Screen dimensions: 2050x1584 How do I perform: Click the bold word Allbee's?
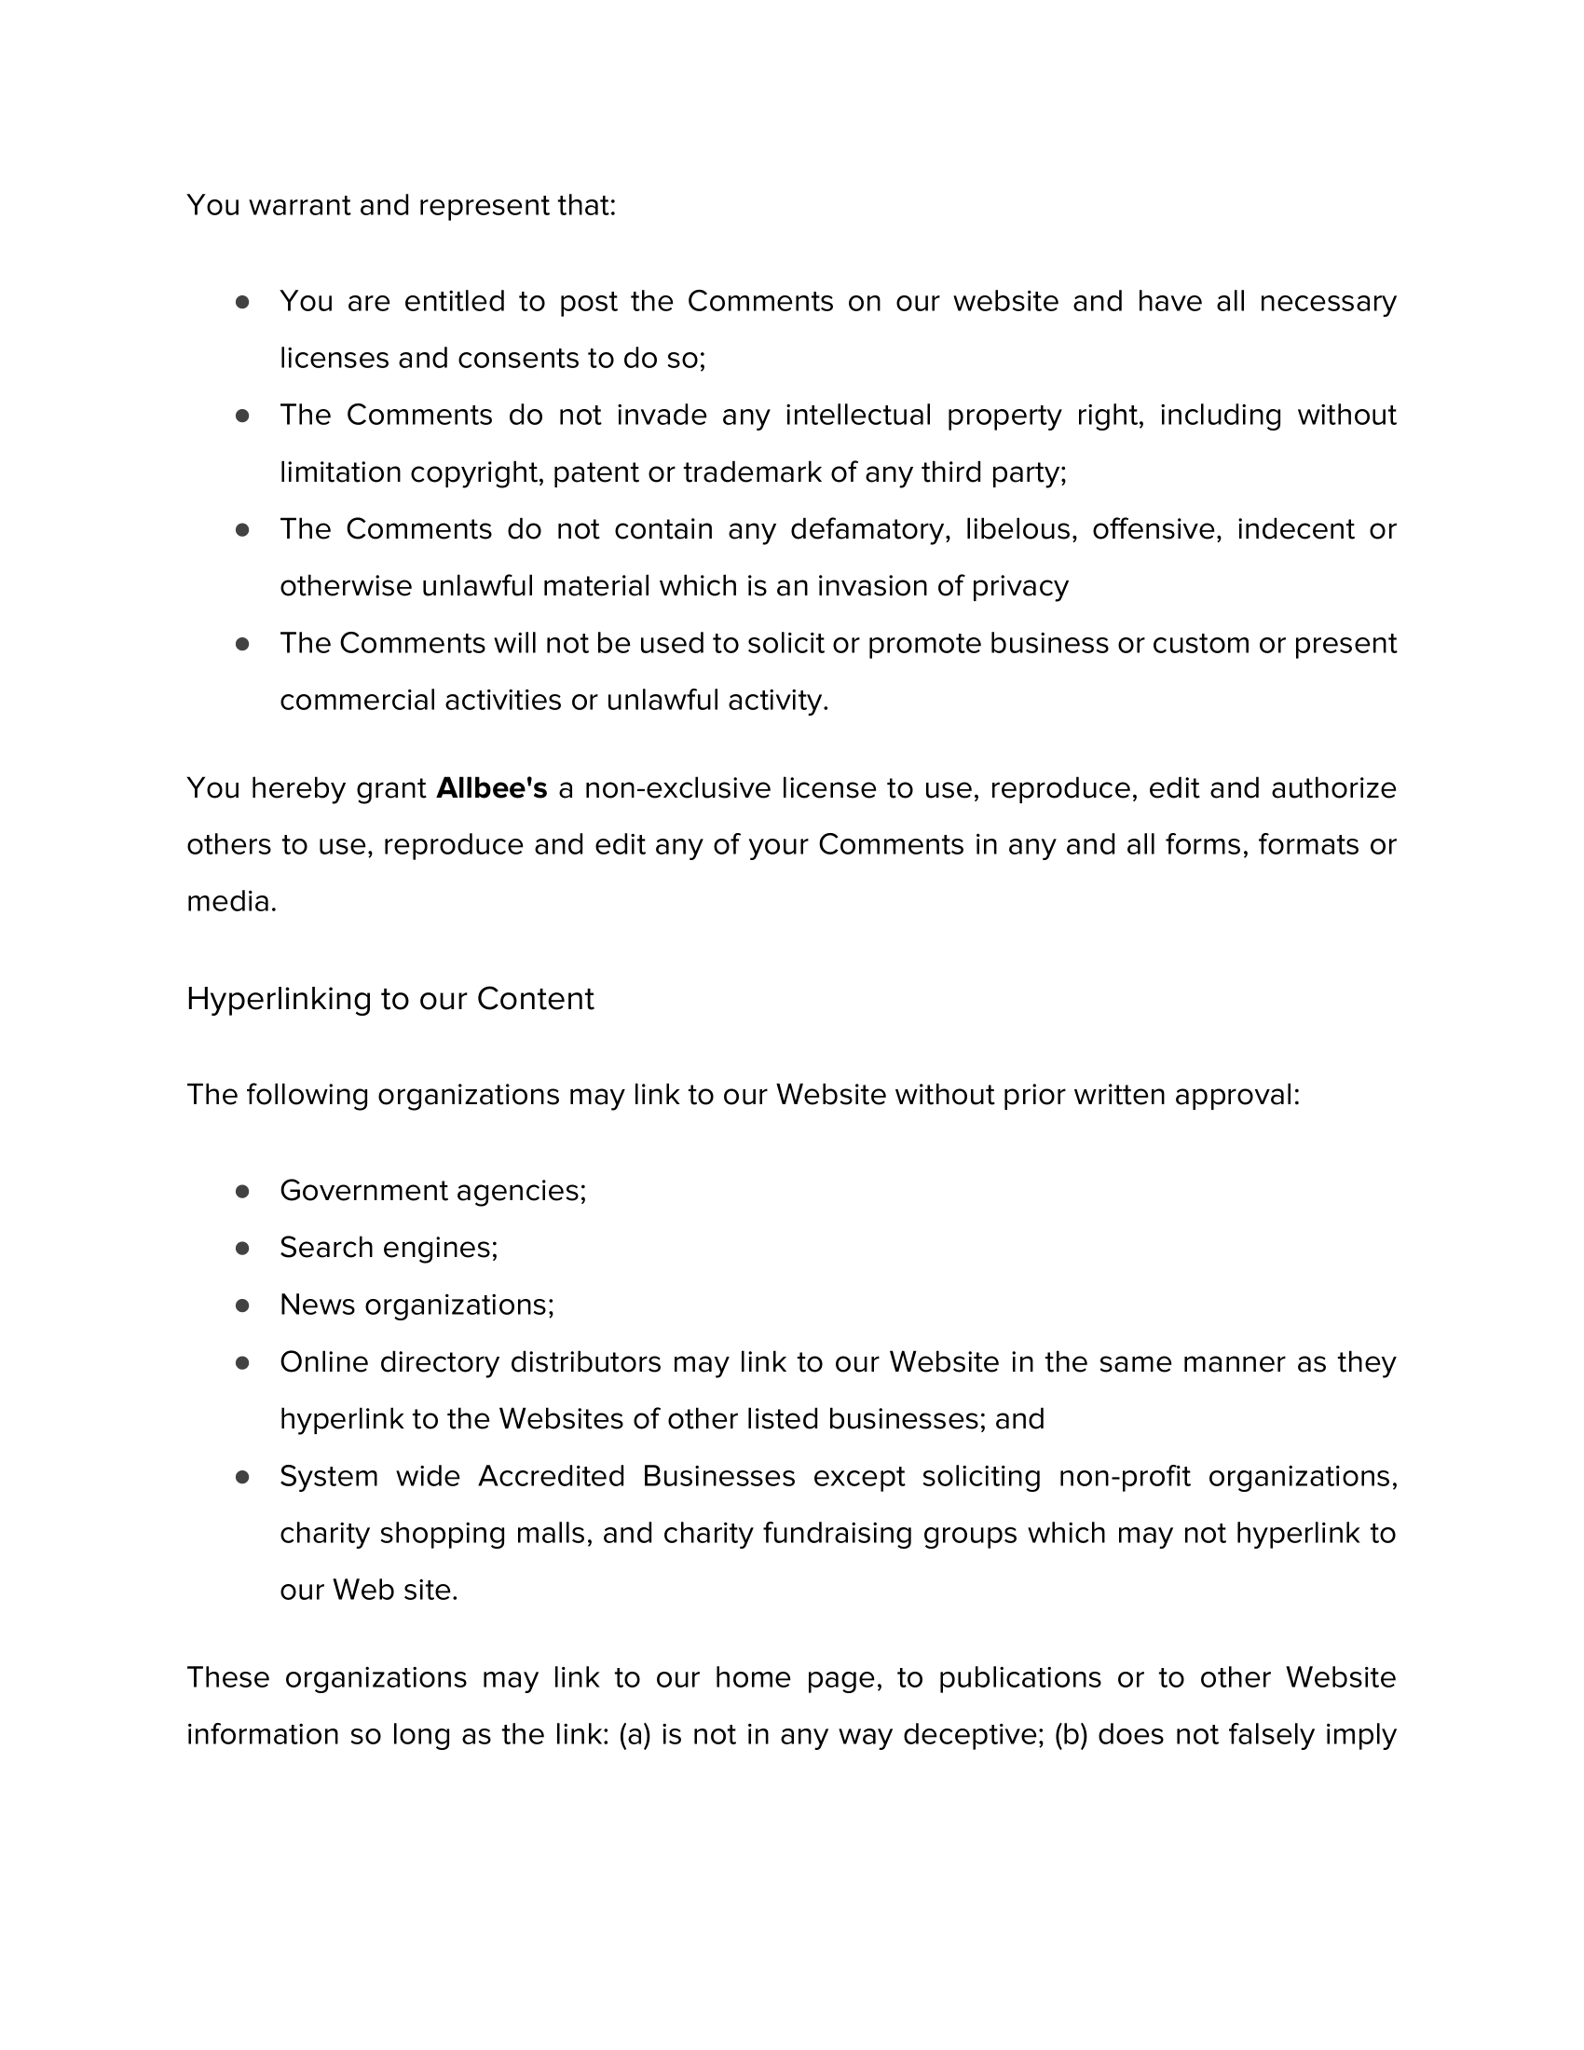(491, 787)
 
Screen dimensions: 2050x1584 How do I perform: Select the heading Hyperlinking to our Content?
(389, 999)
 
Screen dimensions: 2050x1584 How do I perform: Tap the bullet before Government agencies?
(242, 1191)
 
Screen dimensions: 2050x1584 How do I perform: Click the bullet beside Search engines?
(242, 1249)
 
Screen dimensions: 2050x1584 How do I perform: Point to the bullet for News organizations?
(242, 1305)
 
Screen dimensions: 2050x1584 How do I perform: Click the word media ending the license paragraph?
(230, 902)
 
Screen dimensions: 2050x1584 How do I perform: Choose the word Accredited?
(551, 1477)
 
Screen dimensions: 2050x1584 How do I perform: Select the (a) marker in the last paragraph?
(635, 1735)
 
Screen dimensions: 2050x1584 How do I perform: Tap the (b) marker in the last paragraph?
(1071, 1735)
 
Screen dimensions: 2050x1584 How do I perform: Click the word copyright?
(477, 472)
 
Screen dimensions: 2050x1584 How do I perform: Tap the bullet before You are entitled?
(242, 302)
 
